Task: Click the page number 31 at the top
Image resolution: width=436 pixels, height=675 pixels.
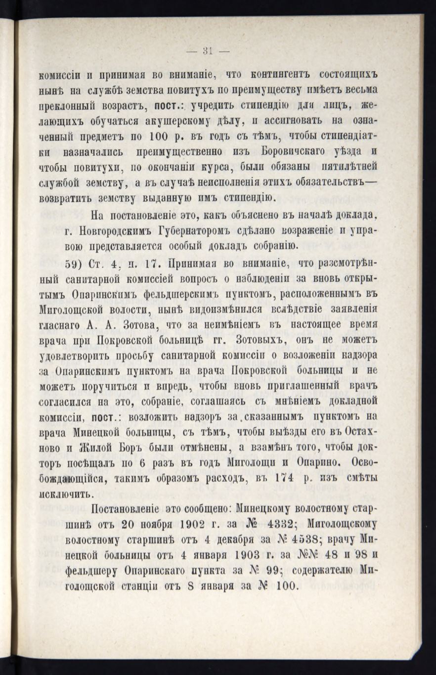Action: pyautogui.click(x=207, y=49)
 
